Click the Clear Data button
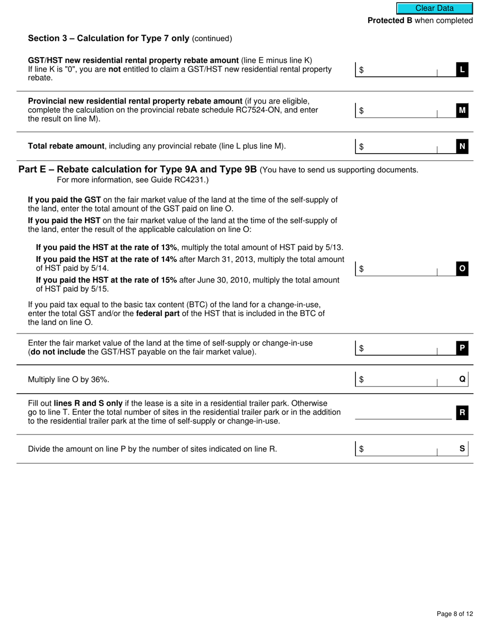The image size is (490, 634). pos(434,8)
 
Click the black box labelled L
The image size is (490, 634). pos(462,70)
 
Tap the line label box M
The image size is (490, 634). pos(462,110)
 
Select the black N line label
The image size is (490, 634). pos(462,147)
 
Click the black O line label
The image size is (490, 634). pos(462,269)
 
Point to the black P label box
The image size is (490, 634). pos(462,348)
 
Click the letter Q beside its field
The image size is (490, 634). pos(462,379)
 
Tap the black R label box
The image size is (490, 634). pos(462,412)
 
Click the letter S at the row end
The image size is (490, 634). pos(462,448)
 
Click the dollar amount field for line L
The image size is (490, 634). pos(400,70)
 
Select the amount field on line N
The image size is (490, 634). pos(400,147)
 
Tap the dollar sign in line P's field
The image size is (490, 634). pos(362,348)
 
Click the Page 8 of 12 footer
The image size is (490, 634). pos(454,613)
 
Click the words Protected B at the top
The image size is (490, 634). pos(389,21)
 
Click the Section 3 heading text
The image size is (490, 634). pos(108,39)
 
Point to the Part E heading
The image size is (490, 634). pos(137,170)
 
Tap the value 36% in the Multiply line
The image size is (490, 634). pos(100,380)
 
